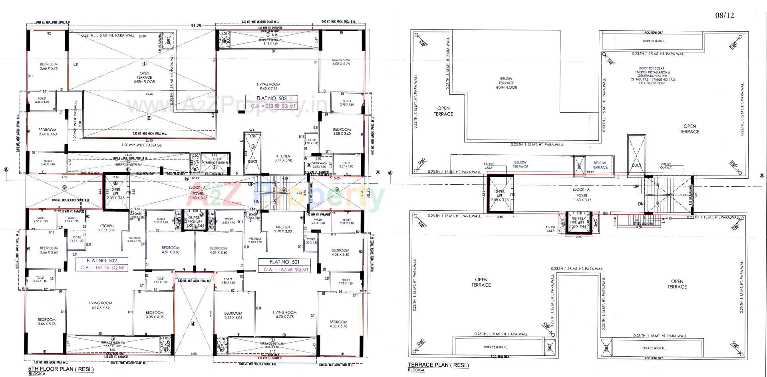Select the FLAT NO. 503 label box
pos(271,98)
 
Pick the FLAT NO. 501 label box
pos(284,262)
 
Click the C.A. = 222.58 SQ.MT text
pos(271,106)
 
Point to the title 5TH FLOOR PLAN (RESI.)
pos(61,369)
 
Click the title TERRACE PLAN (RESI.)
pos(438,365)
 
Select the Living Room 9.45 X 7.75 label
pos(268,86)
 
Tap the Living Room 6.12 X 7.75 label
pos(100,305)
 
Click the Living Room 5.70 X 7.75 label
pos(284,314)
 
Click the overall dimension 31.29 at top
pos(196,25)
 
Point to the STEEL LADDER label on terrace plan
pos(643,223)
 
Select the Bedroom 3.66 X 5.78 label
pos(47,321)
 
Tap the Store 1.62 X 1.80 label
pos(77,239)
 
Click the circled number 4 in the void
pos(193,324)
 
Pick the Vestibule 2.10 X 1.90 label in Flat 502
pos(134,239)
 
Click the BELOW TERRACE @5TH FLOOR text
pos(506,83)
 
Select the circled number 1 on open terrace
pos(144,63)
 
